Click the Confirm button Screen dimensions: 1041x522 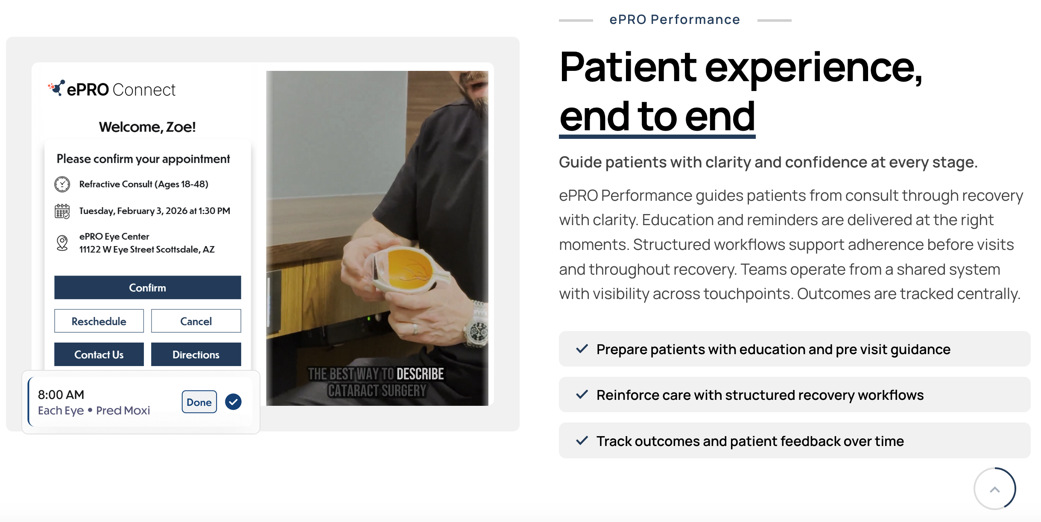[147, 287]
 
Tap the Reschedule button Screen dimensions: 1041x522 [99, 321]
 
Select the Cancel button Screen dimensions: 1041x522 [196, 321]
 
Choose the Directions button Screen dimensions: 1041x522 [196, 354]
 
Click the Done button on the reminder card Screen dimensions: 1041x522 [199, 402]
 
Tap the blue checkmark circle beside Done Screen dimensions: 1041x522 [233, 402]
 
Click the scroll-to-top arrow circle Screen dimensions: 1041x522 [995, 489]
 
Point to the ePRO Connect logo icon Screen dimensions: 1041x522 [56, 88]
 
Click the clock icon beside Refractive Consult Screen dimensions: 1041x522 [62, 184]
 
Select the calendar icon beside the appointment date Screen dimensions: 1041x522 [62, 211]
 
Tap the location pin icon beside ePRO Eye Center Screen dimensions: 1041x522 [62, 243]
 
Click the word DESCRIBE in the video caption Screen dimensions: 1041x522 [420, 374]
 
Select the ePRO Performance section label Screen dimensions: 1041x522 [675, 20]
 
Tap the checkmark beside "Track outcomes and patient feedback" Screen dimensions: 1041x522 [582, 440]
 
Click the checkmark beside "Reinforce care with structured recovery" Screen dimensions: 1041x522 [582, 394]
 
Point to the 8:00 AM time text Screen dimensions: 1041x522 [61, 394]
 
